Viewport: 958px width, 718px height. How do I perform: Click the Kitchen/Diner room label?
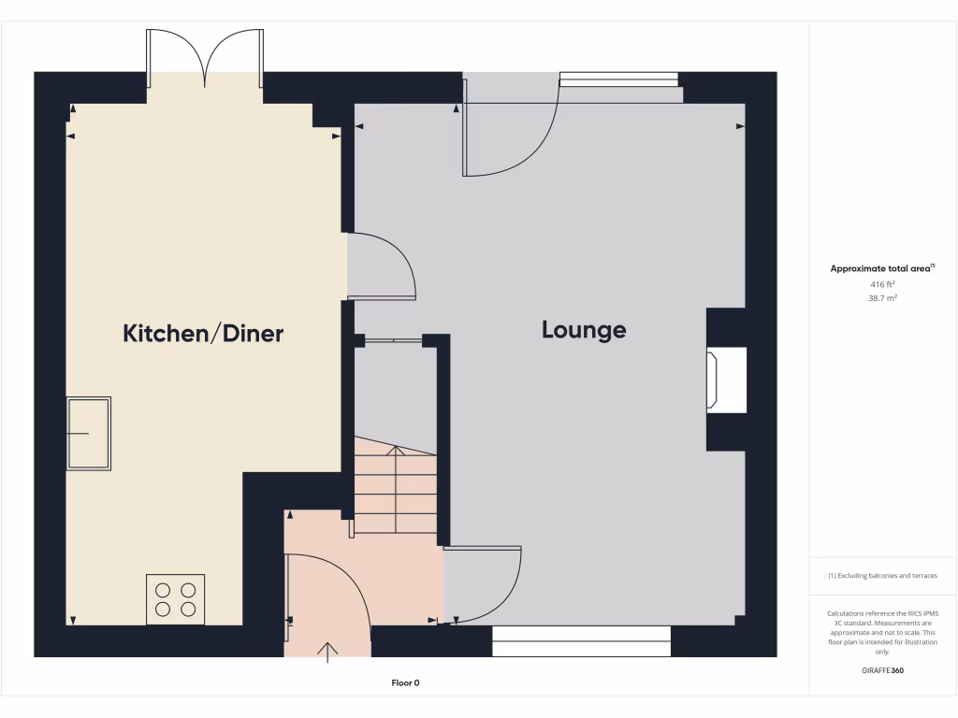click(203, 334)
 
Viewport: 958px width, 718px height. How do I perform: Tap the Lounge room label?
click(584, 330)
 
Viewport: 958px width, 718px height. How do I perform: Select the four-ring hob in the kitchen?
click(176, 599)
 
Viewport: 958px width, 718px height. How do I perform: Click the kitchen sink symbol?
click(89, 434)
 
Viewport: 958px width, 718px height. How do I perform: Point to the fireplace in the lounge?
click(728, 380)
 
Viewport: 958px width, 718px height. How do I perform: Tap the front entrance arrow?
click(328, 652)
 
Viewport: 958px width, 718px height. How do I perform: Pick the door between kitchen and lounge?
click(382, 267)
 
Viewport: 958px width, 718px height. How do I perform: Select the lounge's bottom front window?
click(582, 641)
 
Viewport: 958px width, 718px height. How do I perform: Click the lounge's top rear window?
click(618, 79)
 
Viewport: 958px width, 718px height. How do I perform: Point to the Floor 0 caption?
click(405, 683)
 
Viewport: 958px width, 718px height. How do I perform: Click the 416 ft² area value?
click(883, 283)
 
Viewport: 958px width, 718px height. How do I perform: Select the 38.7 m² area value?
click(883, 297)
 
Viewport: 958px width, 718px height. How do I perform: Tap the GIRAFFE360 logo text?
click(883, 670)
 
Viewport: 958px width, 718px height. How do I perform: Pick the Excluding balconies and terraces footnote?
click(883, 576)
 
